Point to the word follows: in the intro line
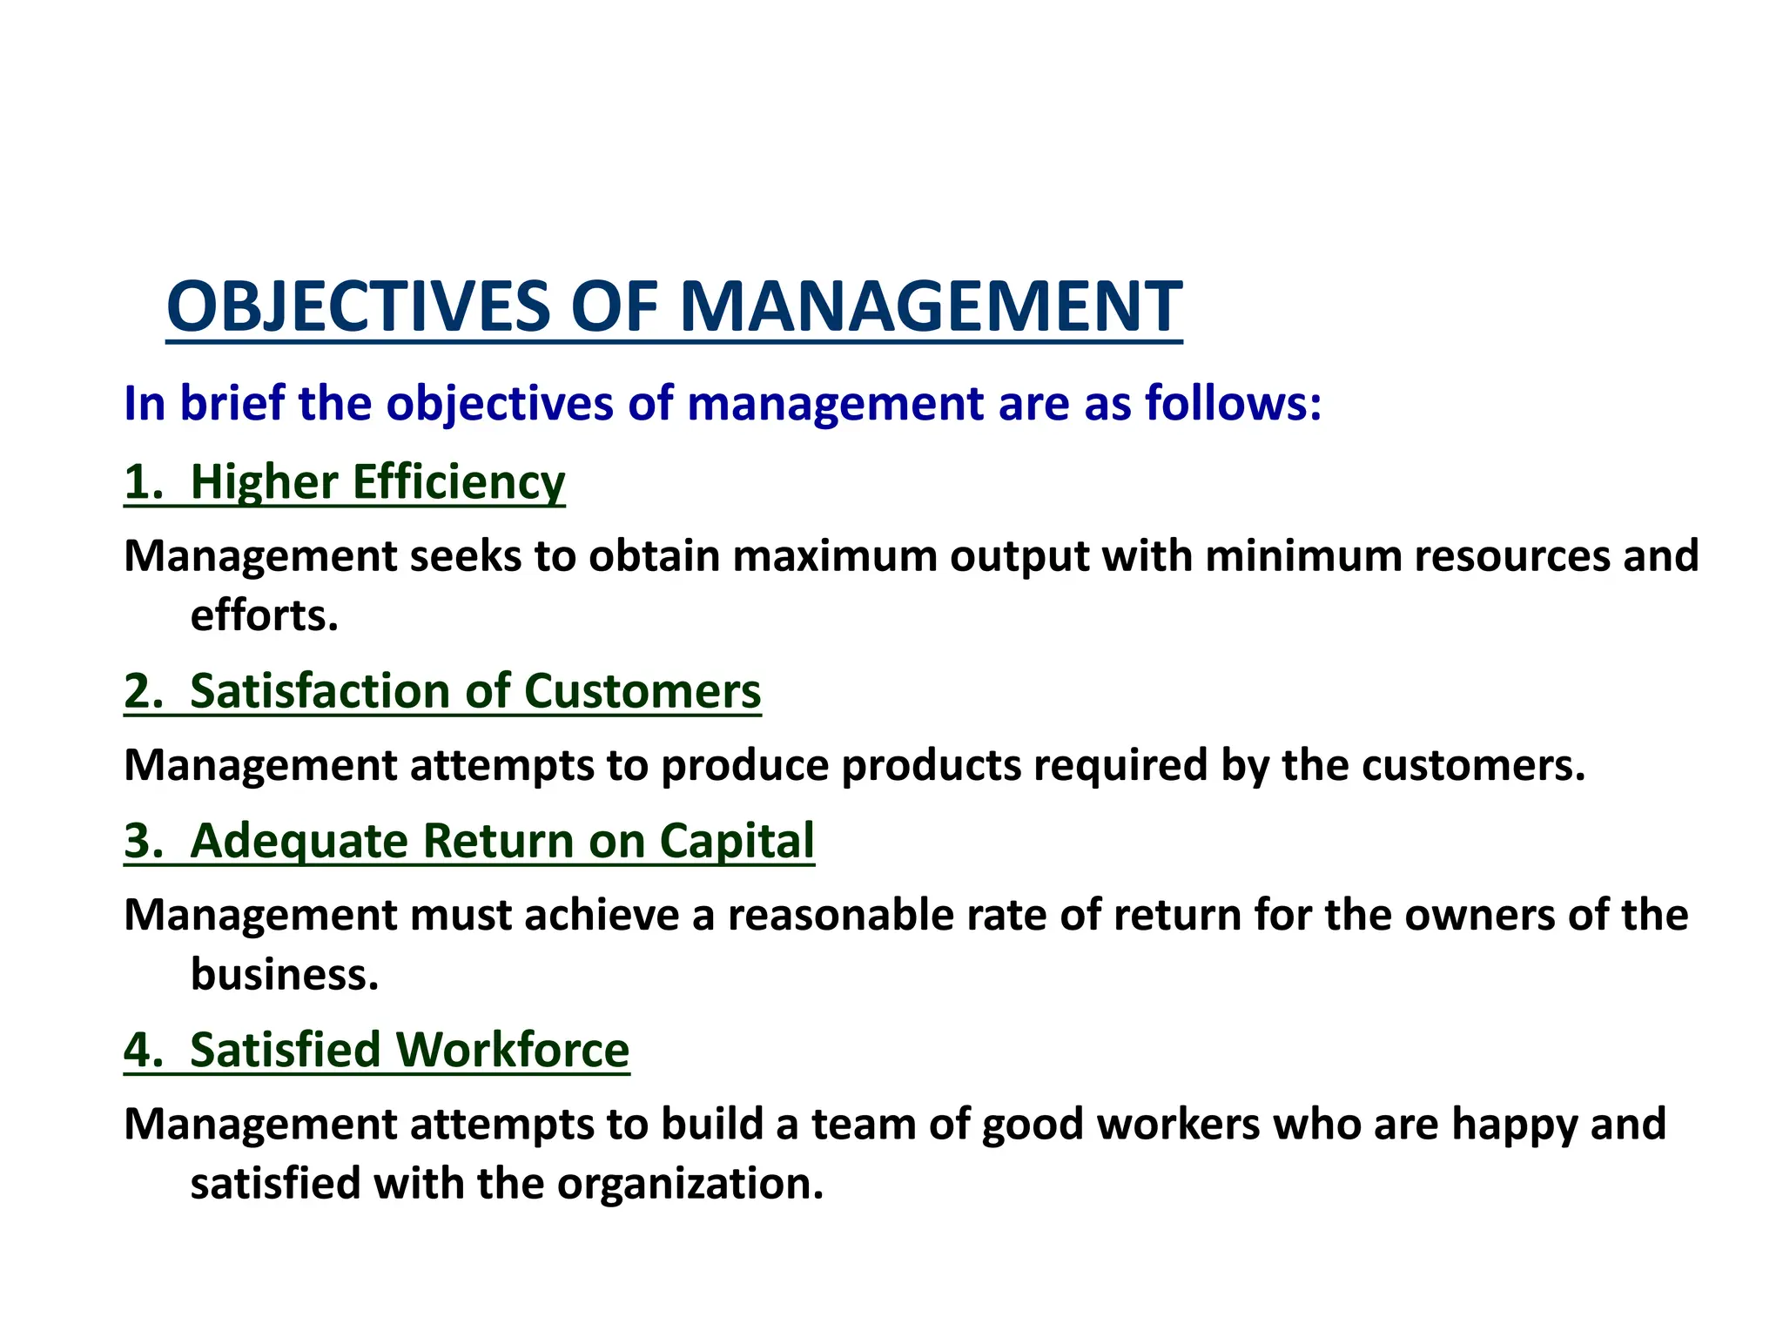click(x=1233, y=404)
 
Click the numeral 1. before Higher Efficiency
click(x=144, y=482)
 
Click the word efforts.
click(x=264, y=616)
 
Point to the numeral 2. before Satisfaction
click(x=144, y=691)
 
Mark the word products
click(x=931, y=766)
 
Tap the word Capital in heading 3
click(x=737, y=841)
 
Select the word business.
click(x=285, y=975)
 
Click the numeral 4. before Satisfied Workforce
click(x=144, y=1050)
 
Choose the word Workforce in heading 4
click(x=513, y=1050)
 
